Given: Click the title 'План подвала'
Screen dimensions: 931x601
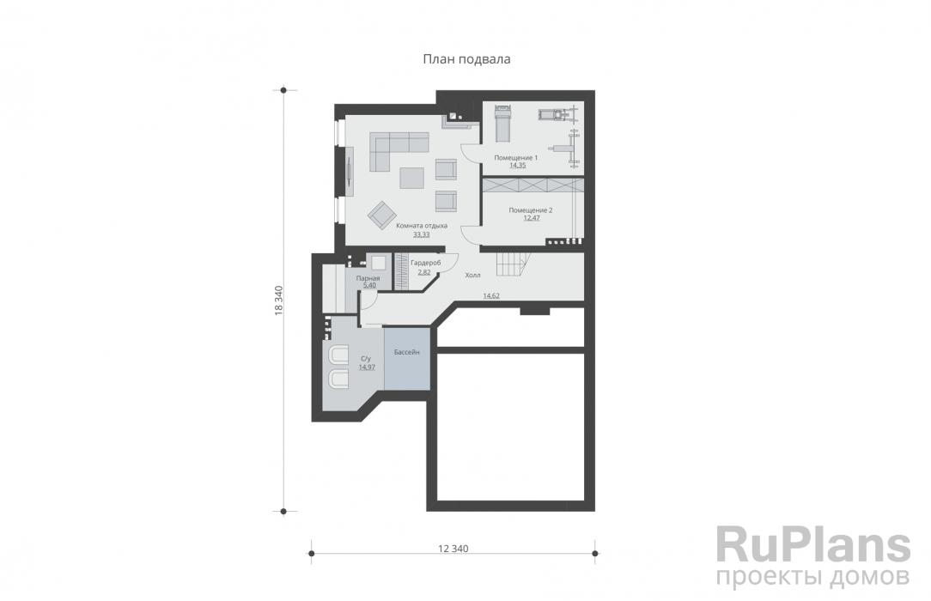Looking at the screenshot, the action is (x=466, y=59).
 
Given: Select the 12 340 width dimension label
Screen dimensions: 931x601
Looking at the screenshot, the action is (x=453, y=549).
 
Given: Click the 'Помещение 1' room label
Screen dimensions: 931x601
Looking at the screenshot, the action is (x=516, y=158).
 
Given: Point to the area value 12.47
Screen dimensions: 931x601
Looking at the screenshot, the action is (x=532, y=218).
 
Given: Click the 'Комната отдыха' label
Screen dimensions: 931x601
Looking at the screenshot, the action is (x=422, y=226).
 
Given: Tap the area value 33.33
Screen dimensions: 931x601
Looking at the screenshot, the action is (x=422, y=234).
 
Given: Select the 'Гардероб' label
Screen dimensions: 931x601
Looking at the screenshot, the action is (x=425, y=264).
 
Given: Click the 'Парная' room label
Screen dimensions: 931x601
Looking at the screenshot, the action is (x=368, y=278).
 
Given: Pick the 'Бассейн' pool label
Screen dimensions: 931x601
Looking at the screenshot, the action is (x=407, y=352).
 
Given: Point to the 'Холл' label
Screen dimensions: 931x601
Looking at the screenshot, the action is (x=472, y=276).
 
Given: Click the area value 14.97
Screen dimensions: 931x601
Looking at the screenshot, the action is (x=367, y=367).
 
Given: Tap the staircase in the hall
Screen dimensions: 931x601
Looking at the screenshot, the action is (x=509, y=264).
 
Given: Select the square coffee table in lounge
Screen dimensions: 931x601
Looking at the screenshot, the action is (x=411, y=178).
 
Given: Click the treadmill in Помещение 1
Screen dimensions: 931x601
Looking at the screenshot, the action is (x=503, y=123).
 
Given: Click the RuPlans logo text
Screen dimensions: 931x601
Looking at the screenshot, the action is (x=812, y=545).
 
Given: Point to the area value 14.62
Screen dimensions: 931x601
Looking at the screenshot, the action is (x=491, y=295).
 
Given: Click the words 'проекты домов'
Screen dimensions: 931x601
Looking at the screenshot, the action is (x=812, y=577).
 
